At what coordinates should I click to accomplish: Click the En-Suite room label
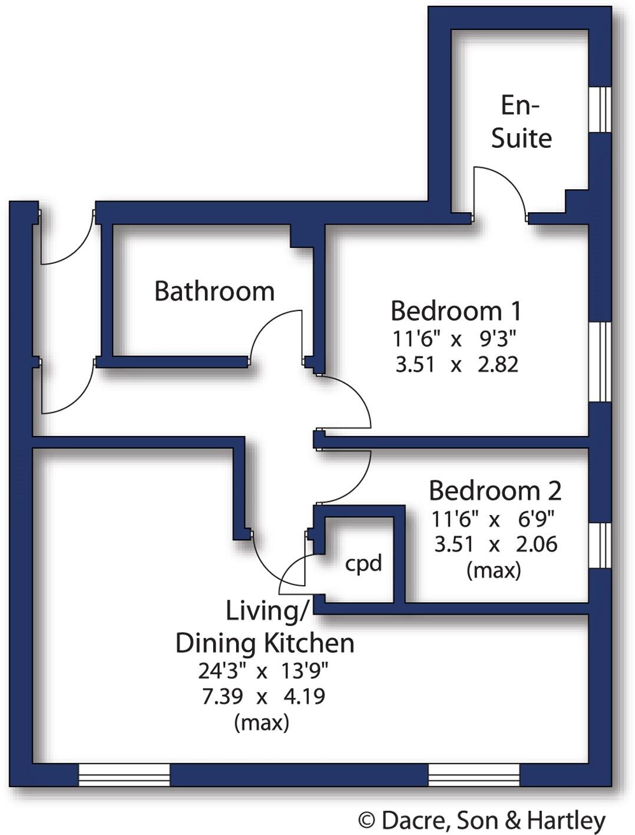(521, 122)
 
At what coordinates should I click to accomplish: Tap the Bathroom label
(214, 291)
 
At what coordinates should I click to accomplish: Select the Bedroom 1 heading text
(455, 311)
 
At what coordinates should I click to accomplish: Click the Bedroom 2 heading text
(495, 490)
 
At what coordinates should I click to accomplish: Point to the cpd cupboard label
(363, 563)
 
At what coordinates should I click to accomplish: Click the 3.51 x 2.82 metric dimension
(457, 365)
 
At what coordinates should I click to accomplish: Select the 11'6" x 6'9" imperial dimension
(493, 519)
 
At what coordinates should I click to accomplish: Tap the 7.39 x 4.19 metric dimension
(263, 697)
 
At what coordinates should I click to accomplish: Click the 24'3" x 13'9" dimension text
(263, 671)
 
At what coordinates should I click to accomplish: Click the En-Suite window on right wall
(600, 110)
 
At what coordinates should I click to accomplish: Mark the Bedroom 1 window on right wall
(600, 362)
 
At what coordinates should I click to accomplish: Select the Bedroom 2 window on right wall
(600, 545)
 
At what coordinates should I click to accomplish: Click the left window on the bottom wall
(124, 775)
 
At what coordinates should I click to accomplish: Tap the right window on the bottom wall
(474, 775)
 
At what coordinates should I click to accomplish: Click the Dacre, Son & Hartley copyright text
(482, 820)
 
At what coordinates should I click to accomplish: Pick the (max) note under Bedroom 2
(494, 570)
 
